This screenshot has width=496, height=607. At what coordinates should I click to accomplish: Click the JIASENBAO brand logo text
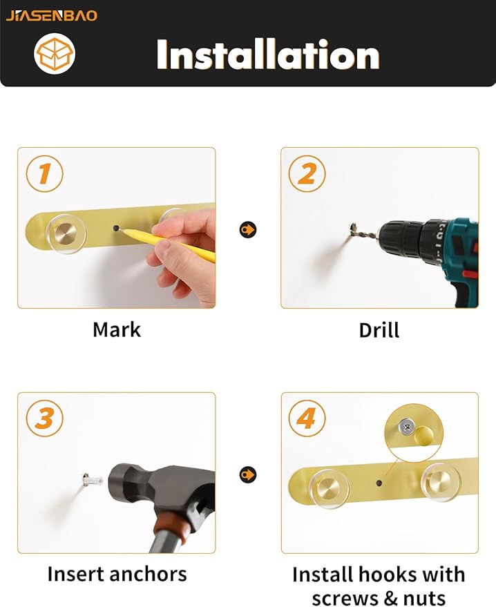pos(52,15)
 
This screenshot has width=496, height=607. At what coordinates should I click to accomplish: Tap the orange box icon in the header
pos(54,54)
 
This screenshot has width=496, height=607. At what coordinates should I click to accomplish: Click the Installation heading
pos(268,55)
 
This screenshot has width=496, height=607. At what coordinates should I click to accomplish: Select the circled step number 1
pos(44,173)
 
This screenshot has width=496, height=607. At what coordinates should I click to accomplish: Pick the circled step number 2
pos(307,173)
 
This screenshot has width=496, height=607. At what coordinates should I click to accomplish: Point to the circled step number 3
pos(44,418)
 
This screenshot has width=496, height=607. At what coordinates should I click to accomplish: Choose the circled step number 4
pos(307,418)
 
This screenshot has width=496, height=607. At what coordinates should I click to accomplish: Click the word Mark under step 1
pos(117,330)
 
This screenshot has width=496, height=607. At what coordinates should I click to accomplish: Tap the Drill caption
pos(379,330)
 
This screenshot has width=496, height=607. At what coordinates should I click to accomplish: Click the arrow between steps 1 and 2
pos(248,230)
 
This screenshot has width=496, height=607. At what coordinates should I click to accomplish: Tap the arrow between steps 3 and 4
pos(248,474)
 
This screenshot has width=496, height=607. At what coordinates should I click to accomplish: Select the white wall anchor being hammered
pos(93,480)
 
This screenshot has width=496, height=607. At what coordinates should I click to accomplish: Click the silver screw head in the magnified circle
pos(407,427)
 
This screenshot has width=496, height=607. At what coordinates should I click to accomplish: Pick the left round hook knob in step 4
pos(329,489)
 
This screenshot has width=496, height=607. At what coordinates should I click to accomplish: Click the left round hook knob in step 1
pos(66,234)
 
